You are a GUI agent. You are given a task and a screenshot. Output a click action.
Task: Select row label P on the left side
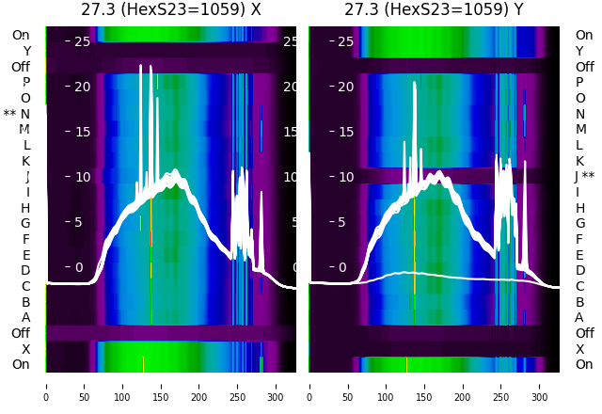tap(25, 83)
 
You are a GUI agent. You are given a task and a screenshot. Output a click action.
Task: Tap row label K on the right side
tap(580, 161)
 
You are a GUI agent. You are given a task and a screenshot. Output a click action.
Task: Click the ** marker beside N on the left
tap(9, 114)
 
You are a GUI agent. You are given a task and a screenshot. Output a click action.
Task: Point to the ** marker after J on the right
tap(589, 176)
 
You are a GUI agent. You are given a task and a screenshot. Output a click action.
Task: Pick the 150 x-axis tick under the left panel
tap(161, 385)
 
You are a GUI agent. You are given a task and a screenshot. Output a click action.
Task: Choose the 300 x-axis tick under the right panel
tap(540, 385)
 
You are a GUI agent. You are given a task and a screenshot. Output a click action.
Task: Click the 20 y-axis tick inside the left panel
tap(82, 87)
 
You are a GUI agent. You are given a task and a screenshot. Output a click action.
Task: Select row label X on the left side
tap(25, 349)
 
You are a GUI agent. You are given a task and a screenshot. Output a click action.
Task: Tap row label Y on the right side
tap(580, 51)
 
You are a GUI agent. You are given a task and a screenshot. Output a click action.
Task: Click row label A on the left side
tap(25, 317)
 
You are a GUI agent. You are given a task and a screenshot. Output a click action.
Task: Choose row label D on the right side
tap(580, 270)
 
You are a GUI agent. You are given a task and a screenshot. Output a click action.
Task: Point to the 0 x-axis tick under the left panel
tap(45, 385)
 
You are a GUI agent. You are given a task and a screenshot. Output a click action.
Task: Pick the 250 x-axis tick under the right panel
tap(501, 385)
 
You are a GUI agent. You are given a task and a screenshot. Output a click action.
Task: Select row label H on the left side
tap(25, 208)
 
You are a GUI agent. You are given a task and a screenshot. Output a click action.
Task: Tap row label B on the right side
tap(580, 302)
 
